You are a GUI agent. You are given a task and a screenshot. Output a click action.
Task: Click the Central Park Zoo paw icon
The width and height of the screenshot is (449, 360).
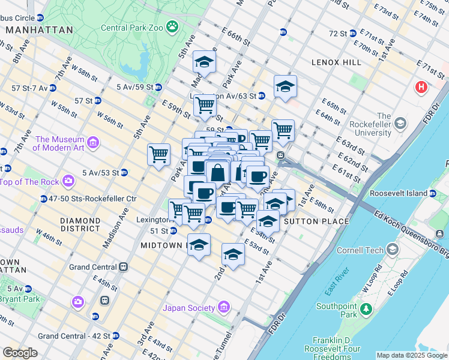[172, 26]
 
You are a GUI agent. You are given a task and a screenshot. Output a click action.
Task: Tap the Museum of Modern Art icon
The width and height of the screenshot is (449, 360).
[93, 142]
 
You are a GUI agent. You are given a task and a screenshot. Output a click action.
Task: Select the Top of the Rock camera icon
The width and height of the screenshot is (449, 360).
[68, 181]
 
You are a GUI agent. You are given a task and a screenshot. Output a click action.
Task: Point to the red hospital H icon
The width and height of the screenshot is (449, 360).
[422, 87]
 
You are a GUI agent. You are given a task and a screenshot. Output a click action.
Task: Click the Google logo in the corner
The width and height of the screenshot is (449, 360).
[20, 353]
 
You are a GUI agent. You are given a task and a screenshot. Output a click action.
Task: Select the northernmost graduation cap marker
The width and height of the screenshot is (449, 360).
[205, 62]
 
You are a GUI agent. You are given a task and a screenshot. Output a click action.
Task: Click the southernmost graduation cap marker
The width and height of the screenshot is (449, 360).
[233, 254]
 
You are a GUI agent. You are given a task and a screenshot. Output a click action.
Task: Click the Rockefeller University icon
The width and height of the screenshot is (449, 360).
[400, 123]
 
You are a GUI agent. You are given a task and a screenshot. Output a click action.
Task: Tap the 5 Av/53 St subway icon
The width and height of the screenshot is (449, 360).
[124, 173]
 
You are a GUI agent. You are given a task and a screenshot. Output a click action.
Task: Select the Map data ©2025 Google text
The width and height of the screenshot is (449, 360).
[411, 355]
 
